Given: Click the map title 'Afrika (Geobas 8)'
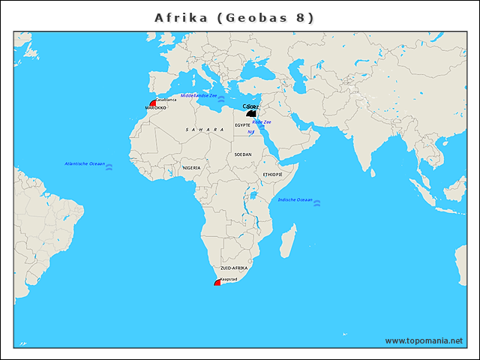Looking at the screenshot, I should point(234,17).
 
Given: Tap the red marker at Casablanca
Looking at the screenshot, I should point(154,103).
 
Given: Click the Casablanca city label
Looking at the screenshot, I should point(166,100).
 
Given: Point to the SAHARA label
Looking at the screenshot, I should point(205,130).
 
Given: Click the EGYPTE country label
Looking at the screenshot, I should point(242,125).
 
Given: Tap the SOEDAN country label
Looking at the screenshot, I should point(243,154).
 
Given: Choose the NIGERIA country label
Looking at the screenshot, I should point(191,168).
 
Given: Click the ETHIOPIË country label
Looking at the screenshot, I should point(272,174).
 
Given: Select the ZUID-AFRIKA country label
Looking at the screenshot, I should point(233,268).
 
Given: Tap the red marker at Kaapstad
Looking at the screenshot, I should point(217,283).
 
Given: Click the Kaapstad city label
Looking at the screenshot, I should point(229,279).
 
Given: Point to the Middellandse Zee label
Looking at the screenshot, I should point(199,96).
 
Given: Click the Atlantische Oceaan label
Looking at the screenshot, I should point(85,163).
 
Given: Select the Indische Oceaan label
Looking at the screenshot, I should point(295,199).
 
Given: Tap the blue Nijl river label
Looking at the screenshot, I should point(251,133).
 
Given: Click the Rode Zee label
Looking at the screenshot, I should point(262,121).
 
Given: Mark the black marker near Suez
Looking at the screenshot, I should point(251,113).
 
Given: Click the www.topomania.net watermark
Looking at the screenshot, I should point(424,340).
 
